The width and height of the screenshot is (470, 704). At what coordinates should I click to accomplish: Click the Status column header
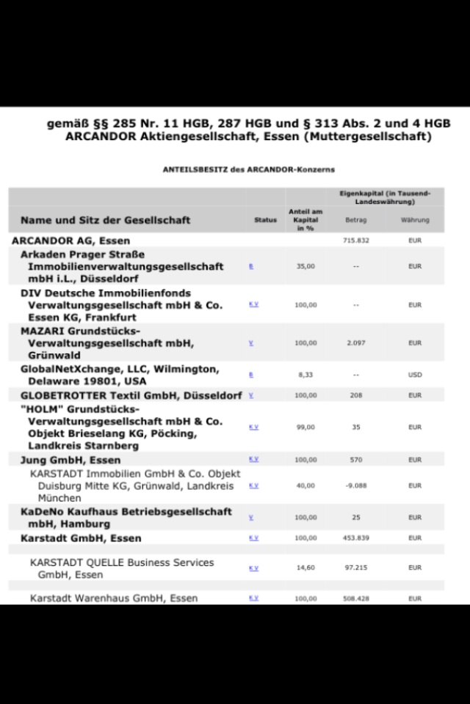(x=265, y=220)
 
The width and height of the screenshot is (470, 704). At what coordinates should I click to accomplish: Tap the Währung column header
(x=415, y=220)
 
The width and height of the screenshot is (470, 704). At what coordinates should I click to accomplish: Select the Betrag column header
(x=355, y=220)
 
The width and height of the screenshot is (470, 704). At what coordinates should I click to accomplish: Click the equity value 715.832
(x=355, y=241)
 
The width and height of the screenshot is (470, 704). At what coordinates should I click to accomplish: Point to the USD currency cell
(x=415, y=375)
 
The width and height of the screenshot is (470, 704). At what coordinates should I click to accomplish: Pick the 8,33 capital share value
(x=305, y=375)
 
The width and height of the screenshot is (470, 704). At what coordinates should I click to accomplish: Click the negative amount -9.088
(x=355, y=485)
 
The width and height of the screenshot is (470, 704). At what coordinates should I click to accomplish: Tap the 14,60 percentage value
(x=305, y=568)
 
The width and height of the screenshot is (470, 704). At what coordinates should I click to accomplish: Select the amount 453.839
(x=355, y=538)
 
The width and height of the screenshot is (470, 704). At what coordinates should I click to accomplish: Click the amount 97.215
(x=355, y=568)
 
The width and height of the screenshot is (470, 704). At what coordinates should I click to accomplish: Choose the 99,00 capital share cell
(x=305, y=427)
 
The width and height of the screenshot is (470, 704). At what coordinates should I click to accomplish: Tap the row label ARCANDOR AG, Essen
(x=71, y=241)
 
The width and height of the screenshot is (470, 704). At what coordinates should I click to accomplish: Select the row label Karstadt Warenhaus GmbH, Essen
(x=114, y=598)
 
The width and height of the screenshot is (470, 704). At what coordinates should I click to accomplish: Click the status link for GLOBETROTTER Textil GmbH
(x=251, y=395)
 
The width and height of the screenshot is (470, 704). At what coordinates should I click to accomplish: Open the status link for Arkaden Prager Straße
(x=251, y=266)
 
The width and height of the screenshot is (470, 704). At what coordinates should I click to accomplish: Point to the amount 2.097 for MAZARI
(x=355, y=342)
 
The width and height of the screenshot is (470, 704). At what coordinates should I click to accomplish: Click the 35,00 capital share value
(x=305, y=266)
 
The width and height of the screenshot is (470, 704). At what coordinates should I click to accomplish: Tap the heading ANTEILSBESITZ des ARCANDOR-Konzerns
(x=248, y=169)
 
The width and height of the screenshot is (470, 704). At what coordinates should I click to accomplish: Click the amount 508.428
(x=355, y=598)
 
